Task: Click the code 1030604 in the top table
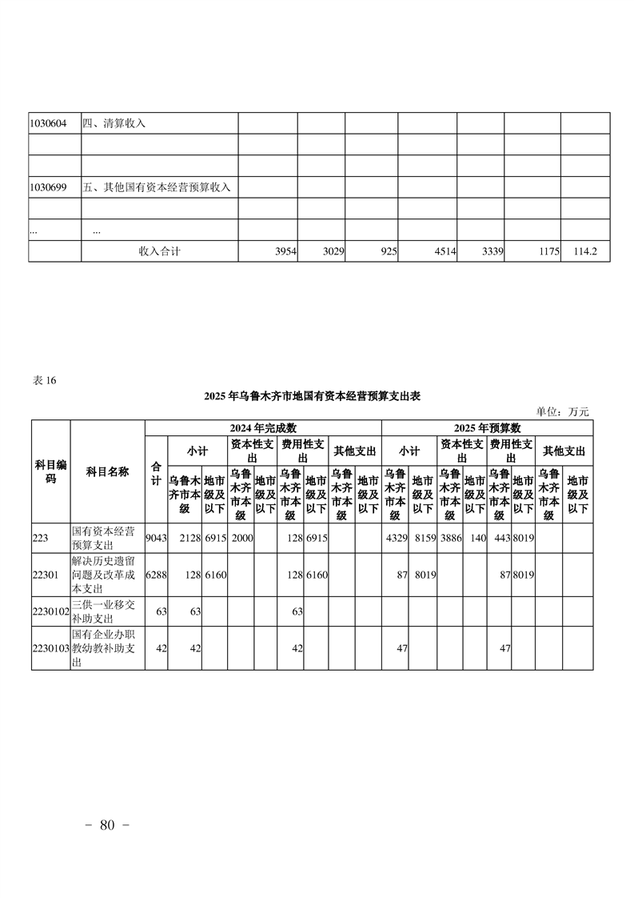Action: click(48, 123)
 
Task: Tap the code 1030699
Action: click(48, 187)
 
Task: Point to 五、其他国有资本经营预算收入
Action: click(157, 187)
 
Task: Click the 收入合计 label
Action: click(160, 251)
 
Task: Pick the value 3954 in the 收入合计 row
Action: click(285, 251)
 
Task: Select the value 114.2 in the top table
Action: click(585, 251)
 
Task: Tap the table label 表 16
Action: click(44, 380)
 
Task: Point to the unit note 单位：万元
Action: click(562, 411)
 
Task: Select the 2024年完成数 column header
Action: click(263, 427)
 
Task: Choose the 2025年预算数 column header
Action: click(487, 427)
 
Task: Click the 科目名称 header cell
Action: click(107, 472)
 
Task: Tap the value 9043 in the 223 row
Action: click(156, 538)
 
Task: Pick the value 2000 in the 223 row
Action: click(241, 538)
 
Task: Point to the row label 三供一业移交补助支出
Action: click(106, 611)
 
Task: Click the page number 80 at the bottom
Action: click(108, 825)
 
